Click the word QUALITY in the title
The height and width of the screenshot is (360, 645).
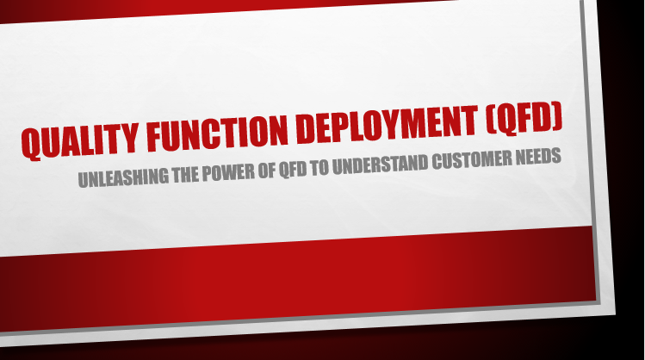79,140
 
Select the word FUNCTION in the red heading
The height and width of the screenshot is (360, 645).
217,132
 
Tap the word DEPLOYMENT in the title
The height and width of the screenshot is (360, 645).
387,123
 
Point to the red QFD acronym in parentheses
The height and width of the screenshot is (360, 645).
524,118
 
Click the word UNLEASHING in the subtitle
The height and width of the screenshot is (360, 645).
123,177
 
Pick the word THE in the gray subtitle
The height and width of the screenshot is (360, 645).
185,174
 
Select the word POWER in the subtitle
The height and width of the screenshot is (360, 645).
228,172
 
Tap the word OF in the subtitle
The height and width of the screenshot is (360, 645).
267,170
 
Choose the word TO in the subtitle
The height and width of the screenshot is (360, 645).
320,167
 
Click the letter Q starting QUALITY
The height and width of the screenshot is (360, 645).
31,144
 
